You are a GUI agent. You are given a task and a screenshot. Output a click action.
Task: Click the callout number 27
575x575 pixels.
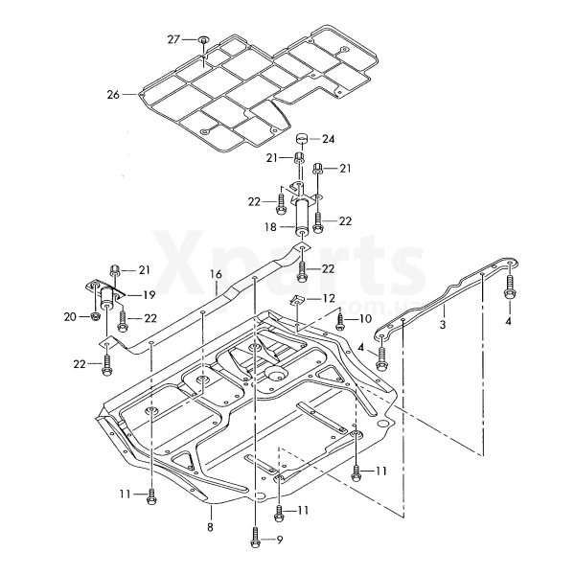173,39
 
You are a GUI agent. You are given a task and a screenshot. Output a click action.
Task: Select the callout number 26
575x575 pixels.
113,95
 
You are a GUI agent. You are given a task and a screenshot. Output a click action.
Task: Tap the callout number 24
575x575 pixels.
328,139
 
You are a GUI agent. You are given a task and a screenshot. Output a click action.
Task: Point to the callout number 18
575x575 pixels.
270,227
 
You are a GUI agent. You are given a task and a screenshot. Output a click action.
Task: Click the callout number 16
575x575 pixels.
216,274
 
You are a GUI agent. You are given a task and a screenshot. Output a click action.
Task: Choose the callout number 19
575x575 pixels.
149,295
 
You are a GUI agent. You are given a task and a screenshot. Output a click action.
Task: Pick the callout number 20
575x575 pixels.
70,317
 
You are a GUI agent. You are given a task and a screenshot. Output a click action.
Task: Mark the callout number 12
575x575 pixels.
329,298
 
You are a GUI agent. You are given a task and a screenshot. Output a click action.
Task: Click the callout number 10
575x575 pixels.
365,319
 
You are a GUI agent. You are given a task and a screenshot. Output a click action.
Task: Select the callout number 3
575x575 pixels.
443,325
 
